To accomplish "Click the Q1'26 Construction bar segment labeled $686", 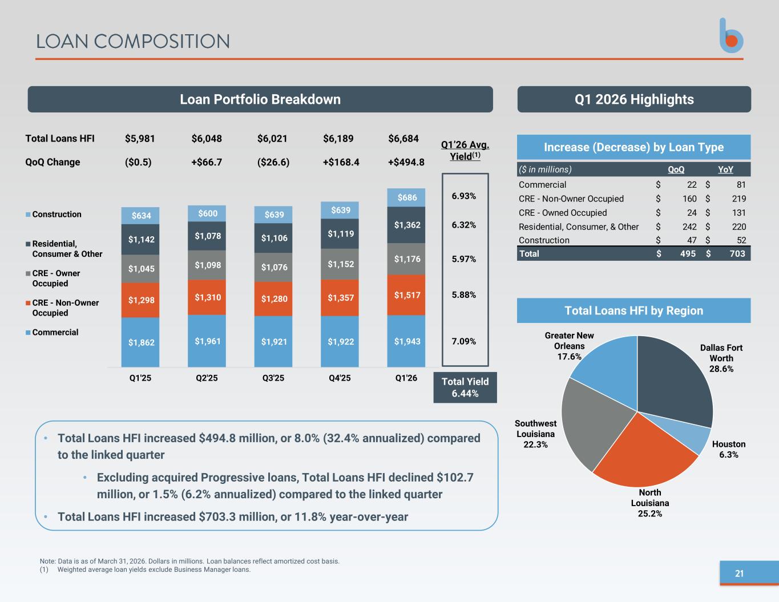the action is coord(406,197).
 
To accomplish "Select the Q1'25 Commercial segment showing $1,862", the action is coord(140,342).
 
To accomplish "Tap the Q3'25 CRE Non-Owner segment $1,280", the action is coord(273,298).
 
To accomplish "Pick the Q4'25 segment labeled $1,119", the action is coord(340,233).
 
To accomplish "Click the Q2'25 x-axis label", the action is coord(207,378).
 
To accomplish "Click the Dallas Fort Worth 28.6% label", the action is coord(721,358).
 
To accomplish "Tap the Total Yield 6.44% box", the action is coord(465,387).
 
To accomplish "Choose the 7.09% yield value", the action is coord(463,341).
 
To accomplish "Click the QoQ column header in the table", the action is coord(676,169).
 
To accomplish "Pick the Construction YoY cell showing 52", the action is coord(741,240).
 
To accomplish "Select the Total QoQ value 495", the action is coord(688,254).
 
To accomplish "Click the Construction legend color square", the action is coord(28,215).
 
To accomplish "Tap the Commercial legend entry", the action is coord(52,332).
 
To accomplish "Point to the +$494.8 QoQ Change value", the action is coord(406,162).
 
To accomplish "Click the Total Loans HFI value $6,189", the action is coord(338,139).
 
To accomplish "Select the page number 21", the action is coord(739,573).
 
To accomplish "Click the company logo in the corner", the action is coord(731,36).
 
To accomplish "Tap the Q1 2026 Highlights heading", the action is coord(634,99).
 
